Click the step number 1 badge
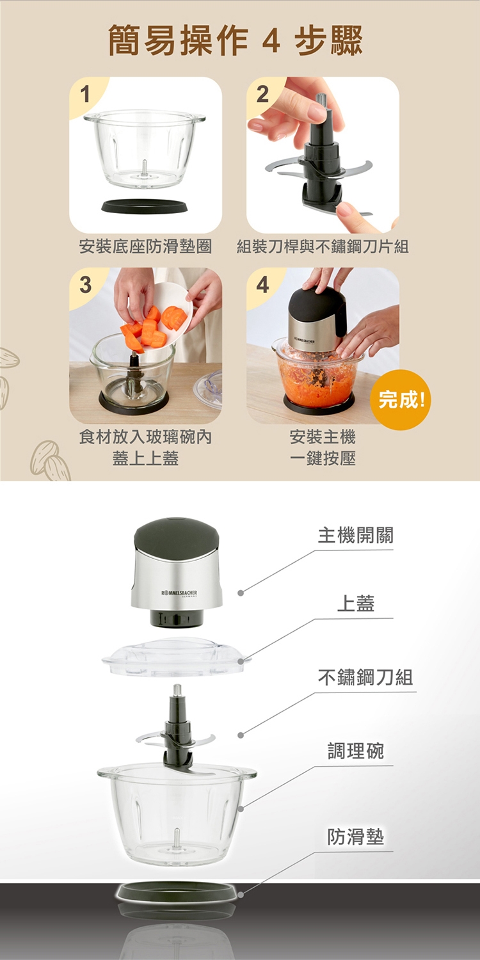86,93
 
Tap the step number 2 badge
262,93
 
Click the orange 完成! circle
401,400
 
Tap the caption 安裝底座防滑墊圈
145,246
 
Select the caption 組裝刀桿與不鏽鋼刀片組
323,246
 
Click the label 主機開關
355,535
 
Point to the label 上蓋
356,604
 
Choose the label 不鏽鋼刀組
365,677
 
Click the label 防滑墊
356,836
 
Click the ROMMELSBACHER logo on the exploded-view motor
179,593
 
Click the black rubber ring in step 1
145,206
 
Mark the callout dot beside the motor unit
241,593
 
